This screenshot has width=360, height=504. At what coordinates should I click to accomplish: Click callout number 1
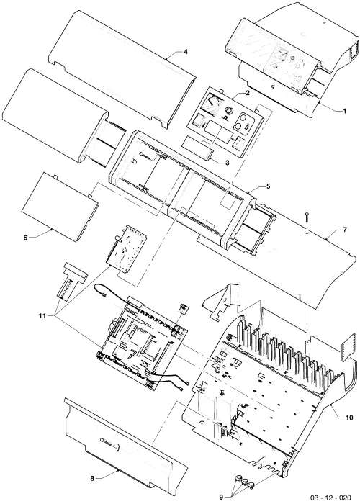[x=345, y=111]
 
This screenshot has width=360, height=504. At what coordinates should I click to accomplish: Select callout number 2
[x=248, y=93]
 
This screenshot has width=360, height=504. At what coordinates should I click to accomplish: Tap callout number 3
[x=228, y=163]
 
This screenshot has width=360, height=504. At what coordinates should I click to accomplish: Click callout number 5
[x=268, y=186]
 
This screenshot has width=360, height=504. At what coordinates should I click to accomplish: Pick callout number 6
[x=25, y=238]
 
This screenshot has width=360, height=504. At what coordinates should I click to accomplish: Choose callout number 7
[x=345, y=230]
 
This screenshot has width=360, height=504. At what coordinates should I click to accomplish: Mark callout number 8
[x=92, y=479]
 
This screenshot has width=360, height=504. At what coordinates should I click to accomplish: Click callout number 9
[x=221, y=497]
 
